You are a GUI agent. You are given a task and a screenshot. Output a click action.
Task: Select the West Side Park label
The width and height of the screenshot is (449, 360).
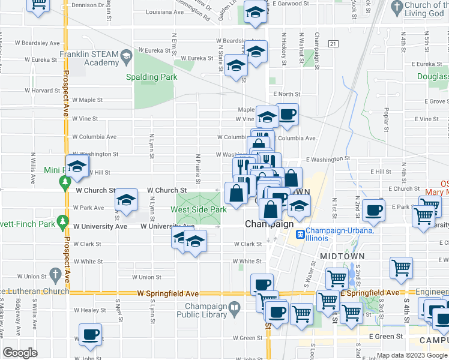[199, 209]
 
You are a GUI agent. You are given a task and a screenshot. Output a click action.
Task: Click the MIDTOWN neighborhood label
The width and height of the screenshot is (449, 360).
[342, 256]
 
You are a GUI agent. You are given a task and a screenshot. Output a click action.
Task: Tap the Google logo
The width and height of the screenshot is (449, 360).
[20, 353]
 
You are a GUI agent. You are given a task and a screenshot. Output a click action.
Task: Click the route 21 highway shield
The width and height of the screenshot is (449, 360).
[333, 44]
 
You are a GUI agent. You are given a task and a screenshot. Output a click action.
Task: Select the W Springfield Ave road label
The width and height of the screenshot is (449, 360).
[167, 293]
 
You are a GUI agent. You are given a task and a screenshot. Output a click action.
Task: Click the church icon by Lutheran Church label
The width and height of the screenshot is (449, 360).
[55, 275]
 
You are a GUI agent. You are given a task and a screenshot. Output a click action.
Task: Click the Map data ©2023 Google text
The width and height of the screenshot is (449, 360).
[411, 355]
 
